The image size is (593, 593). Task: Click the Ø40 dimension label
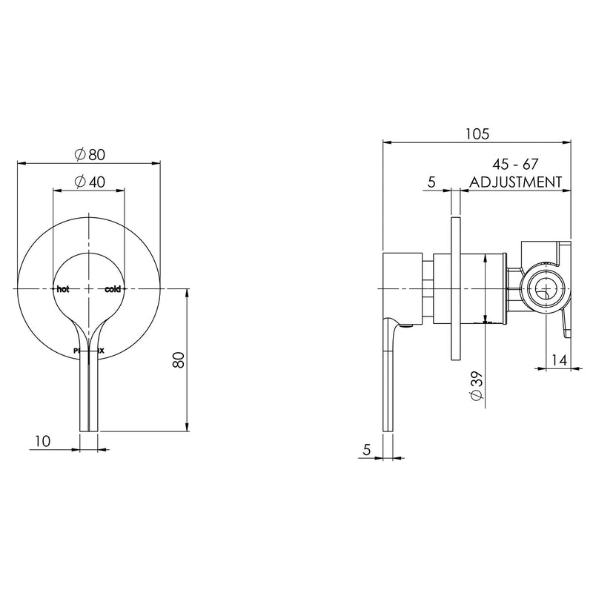click(x=90, y=182)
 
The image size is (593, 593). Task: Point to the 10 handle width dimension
click(x=42, y=442)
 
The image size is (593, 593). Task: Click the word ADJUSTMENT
click(x=515, y=181)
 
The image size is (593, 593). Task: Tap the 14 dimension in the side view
click(x=560, y=361)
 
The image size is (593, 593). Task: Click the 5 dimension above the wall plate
click(x=430, y=181)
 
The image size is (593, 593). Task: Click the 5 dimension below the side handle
click(x=367, y=448)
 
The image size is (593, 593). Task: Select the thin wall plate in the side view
click(x=456, y=289)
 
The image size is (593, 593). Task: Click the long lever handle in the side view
click(x=388, y=371)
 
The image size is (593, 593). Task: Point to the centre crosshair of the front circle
click(x=89, y=288)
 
